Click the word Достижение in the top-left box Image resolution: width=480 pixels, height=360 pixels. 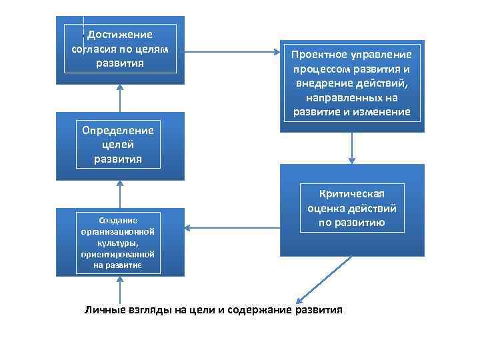click(121, 35)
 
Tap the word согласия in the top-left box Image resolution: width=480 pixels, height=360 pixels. click(91, 49)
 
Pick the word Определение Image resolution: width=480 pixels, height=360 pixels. click(118, 130)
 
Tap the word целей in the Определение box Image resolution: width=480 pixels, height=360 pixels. click(118, 145)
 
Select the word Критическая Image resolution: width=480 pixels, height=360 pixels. click(352, 193)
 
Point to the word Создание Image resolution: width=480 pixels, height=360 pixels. click(118, 220)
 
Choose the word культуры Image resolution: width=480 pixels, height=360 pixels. click(118, 244)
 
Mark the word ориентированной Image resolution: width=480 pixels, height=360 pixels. click(118, 254)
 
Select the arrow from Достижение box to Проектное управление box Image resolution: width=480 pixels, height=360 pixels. click(233, 50)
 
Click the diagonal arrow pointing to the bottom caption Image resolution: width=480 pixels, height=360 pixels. click(312, 287)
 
